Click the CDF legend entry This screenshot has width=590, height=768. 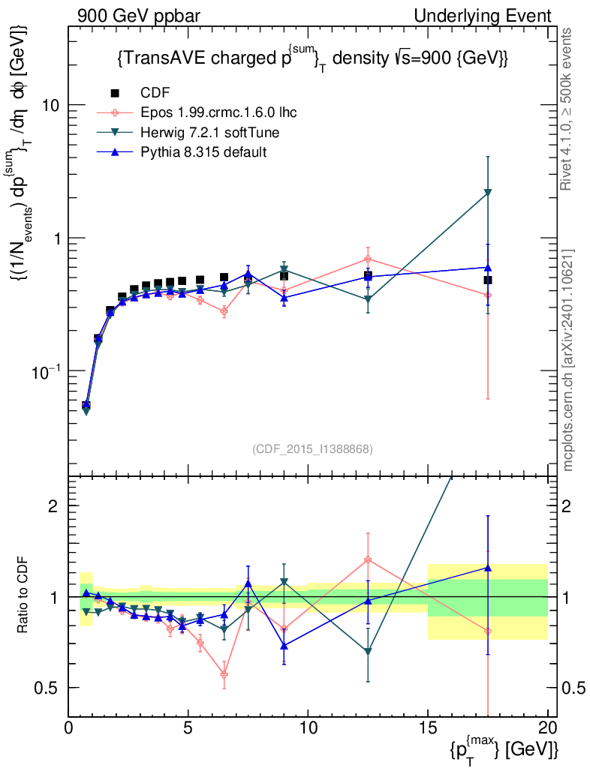coord(155,93)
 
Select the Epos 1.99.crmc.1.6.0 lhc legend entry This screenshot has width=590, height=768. coord(218,112)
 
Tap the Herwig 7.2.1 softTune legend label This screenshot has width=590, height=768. coord(210,133)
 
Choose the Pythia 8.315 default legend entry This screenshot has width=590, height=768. coord(203,152)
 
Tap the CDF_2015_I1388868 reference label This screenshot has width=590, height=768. coord(312,448)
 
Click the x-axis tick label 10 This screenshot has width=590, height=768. coord(308,727)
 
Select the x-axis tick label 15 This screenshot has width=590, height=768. coord(428,727)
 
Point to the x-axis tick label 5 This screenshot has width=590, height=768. coord(188,727)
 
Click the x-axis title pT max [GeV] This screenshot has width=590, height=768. coord(505,748)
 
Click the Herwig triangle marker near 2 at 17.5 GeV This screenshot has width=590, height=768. coord(488,193)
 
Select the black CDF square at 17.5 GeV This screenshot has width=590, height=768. coord(488,280)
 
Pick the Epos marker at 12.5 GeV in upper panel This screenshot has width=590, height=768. coord(368,259)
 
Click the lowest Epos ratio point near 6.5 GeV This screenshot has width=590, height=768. coord(224,674)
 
